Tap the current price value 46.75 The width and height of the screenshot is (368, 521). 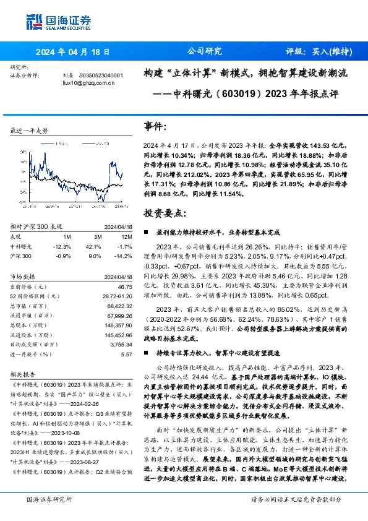[125, 287]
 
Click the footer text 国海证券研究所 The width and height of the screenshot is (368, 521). [49, 499]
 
